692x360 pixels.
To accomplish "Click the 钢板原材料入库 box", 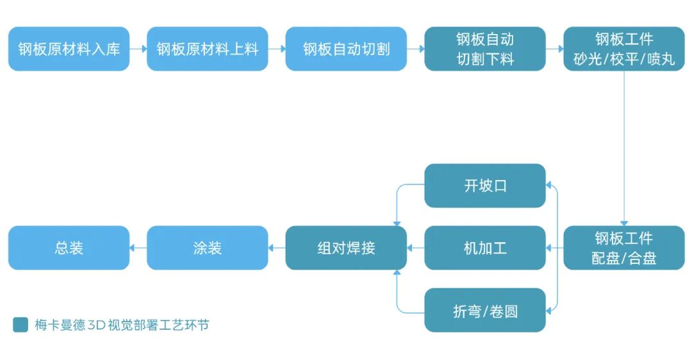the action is pyautogui.click(x=69, y=49).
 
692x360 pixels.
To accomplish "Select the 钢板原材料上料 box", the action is pyautogui.click(x=208, y=49).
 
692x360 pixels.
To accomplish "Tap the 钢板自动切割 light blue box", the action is pyautogui.click(x=346, y=49).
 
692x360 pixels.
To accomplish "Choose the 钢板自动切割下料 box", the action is pyautogui.click(x=485, y=49).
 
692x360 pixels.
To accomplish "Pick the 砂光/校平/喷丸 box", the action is pyautogui.click(x=624, y=49).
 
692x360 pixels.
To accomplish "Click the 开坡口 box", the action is pyautogui.click(x=485, y=186).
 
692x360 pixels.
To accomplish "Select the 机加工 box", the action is pyautogui.click(x=485, y=248).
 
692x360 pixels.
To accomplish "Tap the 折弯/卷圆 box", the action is pyautogui.click(x=485, y=310).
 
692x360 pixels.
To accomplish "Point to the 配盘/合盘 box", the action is pyautogui.click(x=624, y=248).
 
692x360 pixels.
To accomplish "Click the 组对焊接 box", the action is pyautogui.click(x=346, y=248).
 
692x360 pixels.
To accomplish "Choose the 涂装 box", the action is pyautogui.click(x=208, y=248).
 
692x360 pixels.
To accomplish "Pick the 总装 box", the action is pyautogui.click(x=69, y=248).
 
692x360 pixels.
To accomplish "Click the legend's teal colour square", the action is pyautogui.click(x=21, y=325).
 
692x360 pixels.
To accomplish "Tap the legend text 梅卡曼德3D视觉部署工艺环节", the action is pyautogui.click(x=122, y=325).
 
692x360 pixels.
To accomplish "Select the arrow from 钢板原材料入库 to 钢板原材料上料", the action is pyautogui.click(x=138, y=49).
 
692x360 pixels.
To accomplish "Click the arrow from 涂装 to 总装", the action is pyautogui.click(x=138, y=248).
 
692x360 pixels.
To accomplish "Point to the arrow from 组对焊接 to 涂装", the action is pyautogui.click(x=277, y=248).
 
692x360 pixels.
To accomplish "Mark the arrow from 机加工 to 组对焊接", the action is pyautogui.click(x=416, y=248).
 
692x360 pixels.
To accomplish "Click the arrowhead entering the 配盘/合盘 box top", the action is pyautogui.click(x=624, y=223).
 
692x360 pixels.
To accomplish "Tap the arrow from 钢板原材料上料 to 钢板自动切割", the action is pyautogui.click(x=277, y=49).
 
